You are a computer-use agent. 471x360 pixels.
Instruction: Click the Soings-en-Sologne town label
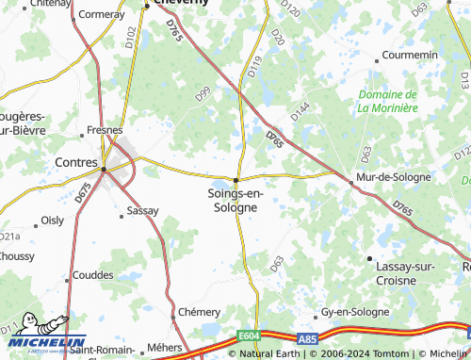[x=236, y=200]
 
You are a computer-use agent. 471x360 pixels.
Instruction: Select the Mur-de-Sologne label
[x=393, y=176]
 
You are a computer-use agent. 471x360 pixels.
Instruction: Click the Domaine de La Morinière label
[x=387, y=101]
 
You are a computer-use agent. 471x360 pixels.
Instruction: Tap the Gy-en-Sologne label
[x=356, y=311]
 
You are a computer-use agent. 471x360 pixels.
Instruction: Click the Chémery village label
[x=199, y=311]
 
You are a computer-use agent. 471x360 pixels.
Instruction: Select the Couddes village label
[x=92, y=275]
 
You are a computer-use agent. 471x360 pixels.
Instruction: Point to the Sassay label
[x=143, y=211]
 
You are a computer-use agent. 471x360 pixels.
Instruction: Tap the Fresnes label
[x=105, y=129]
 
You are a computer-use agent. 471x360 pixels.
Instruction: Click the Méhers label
[x=166, y=347]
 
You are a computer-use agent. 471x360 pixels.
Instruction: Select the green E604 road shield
[x=250, y=335]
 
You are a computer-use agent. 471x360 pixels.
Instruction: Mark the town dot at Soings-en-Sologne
[x=236, y=179]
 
